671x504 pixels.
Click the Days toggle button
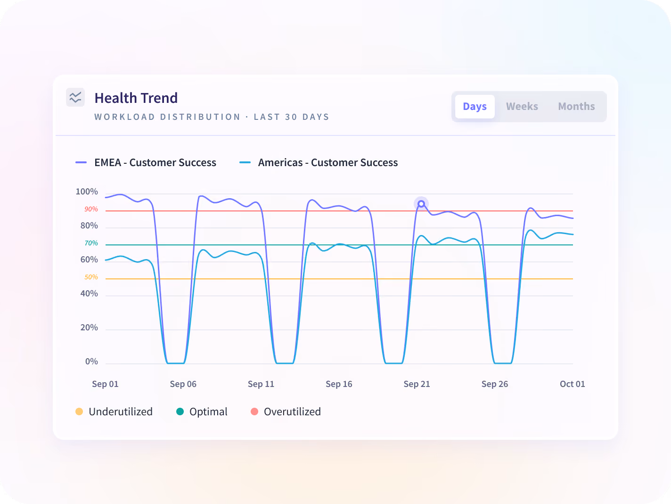point(475,107)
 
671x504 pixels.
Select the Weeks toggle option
point(522,107)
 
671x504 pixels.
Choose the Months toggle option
point(576,107)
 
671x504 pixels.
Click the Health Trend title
point(136,98)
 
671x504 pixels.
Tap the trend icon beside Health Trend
point(75,97)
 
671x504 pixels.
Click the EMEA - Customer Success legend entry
point(146,162)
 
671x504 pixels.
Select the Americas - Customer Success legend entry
point(319,162)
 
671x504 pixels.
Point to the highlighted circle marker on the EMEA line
point(421,204)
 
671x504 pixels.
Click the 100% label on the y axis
point(87,192)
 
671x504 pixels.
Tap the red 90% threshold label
point(91,209)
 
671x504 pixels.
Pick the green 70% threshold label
point(91,243)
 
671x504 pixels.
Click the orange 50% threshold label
point(91,277)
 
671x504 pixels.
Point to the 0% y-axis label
point(91,361)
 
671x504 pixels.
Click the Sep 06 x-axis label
point(183,384)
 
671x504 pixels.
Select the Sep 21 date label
point(417,384)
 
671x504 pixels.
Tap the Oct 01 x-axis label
point(572,384)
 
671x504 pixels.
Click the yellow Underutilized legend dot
point(79,412)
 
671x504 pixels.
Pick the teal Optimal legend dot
point(180,412)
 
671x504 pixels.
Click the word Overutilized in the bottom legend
point(292,412)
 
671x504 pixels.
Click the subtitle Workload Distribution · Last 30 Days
point(212,117)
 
